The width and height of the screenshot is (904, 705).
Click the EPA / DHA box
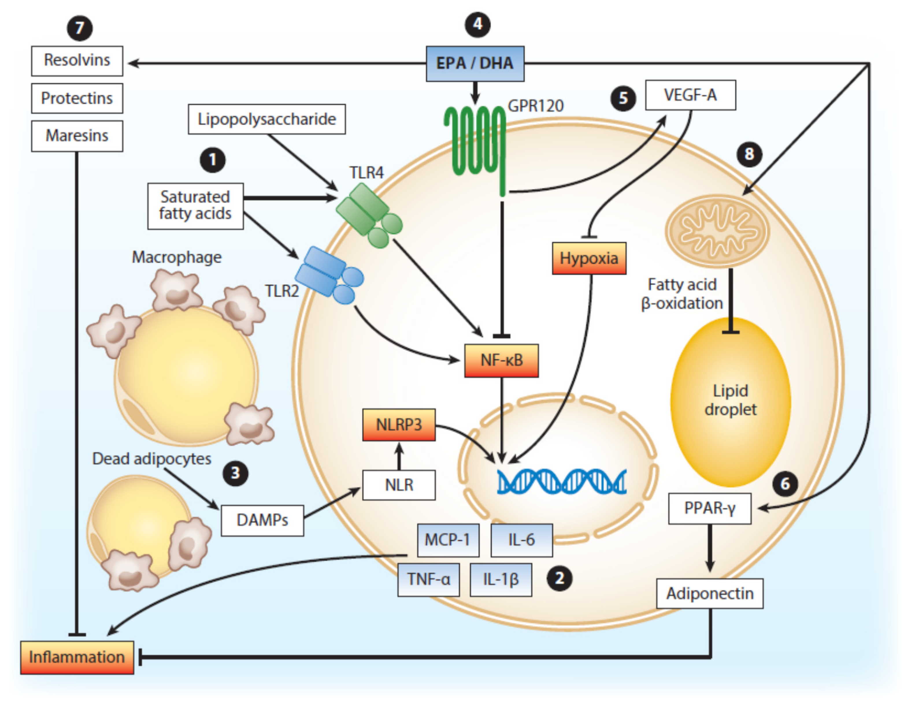click(x=475, y=63)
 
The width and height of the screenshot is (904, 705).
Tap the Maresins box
click(x=77, y=136)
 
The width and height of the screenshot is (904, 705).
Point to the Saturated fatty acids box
click(x=195, y=206)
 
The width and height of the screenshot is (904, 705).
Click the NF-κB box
click(x=501, y=360)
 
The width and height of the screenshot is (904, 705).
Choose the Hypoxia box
click(x=589, y=258)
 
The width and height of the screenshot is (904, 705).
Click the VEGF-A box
click(x=690, y=95)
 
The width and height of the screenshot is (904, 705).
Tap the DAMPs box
click(x=262, y=520)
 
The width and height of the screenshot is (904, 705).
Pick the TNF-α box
click(x=428, y=579)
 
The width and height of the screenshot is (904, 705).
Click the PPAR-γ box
click(x=710, y=509)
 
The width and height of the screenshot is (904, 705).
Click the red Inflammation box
click(x=77, y=657)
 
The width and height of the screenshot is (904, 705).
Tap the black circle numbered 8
click(x=749, y=154)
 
